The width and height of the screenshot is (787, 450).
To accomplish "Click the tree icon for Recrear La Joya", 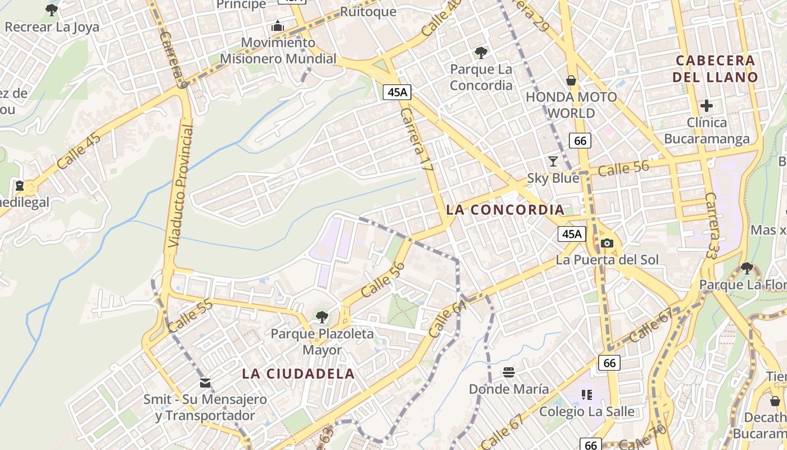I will (51, 10).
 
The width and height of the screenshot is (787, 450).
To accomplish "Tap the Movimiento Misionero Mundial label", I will (278, 51).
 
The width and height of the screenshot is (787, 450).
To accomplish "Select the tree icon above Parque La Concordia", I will (481, 53).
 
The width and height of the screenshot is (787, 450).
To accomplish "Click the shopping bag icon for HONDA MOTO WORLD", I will (571, 80).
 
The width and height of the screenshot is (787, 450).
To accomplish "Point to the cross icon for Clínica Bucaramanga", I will (707, 105).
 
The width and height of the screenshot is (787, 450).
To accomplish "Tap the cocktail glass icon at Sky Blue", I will (553, 161).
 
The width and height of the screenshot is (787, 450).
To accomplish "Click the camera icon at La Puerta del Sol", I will (607, 243).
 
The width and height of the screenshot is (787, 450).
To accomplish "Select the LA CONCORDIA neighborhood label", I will (505, 210).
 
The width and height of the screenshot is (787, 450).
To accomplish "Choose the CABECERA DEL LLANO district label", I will (715, 69).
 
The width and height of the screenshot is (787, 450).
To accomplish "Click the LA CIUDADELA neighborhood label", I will (298, 373).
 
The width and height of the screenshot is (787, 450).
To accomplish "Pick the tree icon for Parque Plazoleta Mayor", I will (322, 317).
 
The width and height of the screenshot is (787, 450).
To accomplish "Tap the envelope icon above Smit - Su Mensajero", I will (205, 383).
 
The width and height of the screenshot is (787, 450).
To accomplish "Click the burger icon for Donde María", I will (509, 372).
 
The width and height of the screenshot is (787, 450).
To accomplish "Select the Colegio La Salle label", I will (587, 411).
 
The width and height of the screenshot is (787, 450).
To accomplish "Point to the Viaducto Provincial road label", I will (181, 186).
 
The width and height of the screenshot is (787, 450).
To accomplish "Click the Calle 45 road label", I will (79, 151).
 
